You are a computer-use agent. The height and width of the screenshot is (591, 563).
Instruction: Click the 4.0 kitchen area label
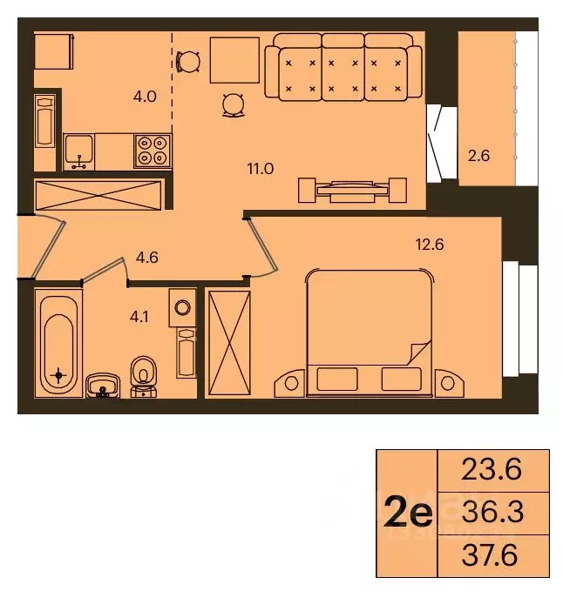[x=145, y=97]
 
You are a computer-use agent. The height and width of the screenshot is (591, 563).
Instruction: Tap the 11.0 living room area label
[x=261, y=168]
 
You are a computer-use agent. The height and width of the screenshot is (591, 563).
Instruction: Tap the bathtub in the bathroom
[x=59, y=344]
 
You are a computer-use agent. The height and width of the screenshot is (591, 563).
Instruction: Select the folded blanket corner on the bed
[x=417, y=353]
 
